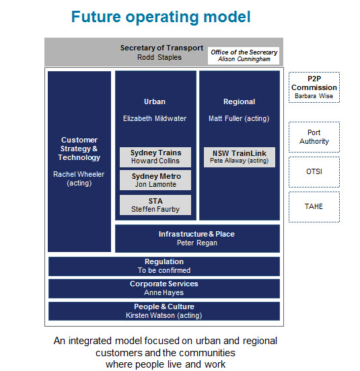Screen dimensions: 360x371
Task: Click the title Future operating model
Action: point(161,17)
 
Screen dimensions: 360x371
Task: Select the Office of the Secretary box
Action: point(244,56)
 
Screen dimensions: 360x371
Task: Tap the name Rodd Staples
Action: point(159,57)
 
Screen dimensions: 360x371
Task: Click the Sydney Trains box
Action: point(155,157)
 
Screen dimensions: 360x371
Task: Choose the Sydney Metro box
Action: point(155,180)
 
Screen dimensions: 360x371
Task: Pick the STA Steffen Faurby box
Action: point(155,205)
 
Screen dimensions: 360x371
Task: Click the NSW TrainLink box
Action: point(240,157)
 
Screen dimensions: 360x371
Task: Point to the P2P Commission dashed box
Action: point(314,87)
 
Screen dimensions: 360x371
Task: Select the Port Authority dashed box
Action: point(314,137)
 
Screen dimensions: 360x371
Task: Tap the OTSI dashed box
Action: point(314,172)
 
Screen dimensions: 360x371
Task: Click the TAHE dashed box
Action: point(314,207)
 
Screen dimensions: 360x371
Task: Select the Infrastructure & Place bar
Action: point(197,239)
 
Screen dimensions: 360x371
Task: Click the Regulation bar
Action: point(164,266)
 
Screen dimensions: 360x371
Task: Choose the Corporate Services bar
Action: point(164,288)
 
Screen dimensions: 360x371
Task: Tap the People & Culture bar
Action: point(164,311)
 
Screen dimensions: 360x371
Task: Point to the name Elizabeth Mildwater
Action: point(155,118)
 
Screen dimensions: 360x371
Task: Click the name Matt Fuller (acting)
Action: point(239,118)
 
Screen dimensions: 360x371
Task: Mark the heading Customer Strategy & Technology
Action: point(79,149)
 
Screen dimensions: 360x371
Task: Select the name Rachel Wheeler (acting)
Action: point(79,179)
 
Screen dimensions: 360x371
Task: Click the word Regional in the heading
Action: point(239,101)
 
